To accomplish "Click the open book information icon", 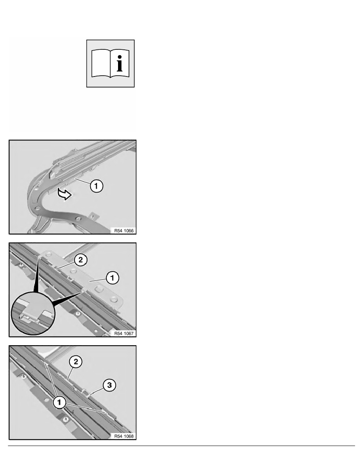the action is [110, 63].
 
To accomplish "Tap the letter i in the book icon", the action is [119, 63].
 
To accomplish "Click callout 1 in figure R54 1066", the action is [96, 186].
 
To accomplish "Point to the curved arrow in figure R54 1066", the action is [64, 195].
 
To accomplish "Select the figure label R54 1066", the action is [124, 231].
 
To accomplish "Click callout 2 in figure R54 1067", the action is [80, 260].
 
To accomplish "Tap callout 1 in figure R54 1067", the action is [112, 278].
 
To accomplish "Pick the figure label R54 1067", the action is [124, 333].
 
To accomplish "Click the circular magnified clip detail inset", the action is [33, 313].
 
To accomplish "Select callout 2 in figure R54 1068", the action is [76, 362].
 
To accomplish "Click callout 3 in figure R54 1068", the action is [109, 385].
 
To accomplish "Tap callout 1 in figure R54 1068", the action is [59, 402].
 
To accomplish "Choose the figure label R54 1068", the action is [124, 436].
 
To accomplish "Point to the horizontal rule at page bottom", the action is [182, 446].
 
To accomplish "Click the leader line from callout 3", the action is [96, 391].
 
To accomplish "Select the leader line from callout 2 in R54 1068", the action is [70, 374].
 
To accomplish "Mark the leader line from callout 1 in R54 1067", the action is [98, 280].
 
